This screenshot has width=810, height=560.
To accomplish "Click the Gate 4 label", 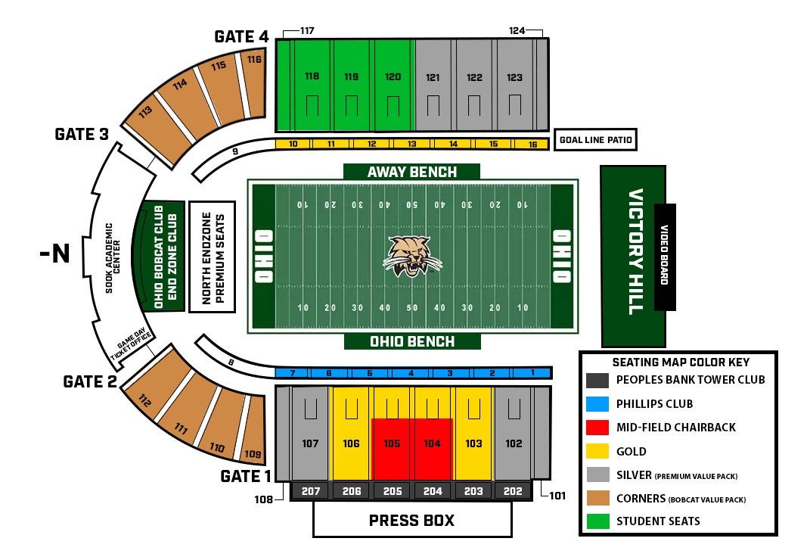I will (241, 36).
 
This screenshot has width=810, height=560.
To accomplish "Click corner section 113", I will (146, 114).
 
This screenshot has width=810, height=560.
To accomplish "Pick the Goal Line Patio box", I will (594, 140).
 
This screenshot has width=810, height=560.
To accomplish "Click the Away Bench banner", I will (411, 172).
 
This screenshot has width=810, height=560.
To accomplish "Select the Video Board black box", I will (665, 257).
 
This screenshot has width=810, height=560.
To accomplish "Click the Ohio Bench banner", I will (412, 341).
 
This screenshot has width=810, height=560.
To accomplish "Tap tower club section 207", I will (311, 491).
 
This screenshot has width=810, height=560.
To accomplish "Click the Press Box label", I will (411, 521).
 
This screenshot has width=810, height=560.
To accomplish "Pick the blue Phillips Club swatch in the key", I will (597, 403).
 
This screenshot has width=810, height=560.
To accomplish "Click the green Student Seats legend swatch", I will (597, 521).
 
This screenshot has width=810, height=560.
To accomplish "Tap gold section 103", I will (473, 444).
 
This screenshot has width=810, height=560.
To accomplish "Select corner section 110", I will (217, 448).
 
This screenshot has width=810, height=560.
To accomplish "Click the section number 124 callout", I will (517, 31).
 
